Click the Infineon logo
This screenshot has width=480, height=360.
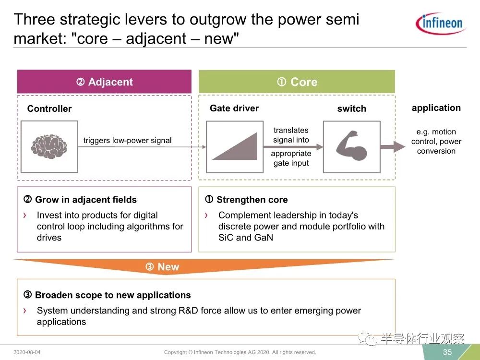[441, 24]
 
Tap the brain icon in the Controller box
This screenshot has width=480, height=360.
[49, 146]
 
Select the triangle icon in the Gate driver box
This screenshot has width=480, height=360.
[235, 146]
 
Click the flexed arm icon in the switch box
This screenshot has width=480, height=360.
[351, 146]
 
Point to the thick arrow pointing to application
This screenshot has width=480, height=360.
[393, 147]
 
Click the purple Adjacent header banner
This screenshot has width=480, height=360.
[104, 82]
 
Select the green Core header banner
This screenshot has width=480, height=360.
[297, 82]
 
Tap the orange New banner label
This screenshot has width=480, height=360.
[162, 266]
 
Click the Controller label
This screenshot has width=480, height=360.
[49, 108]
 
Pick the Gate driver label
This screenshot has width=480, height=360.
[234, 108]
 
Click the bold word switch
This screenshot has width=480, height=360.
[351, 108]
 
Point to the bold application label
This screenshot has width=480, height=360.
[436, 108]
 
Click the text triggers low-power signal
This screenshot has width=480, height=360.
[127, 141]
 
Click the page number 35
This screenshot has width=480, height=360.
[447, 352]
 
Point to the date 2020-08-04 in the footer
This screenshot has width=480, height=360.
[27, 352]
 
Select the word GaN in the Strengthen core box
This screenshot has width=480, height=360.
[263, 238]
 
